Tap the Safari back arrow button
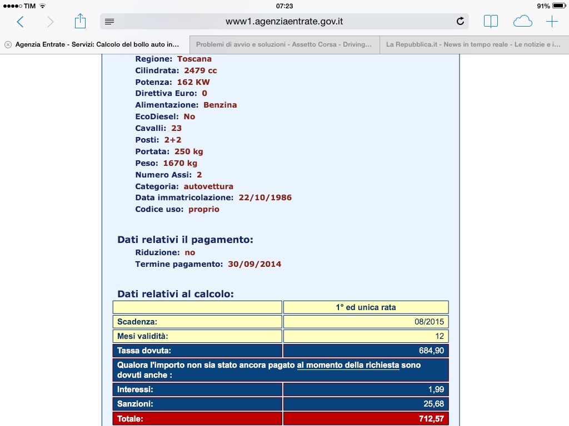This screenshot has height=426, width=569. tap(21, 22)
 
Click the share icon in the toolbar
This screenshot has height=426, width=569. tap(81, 22)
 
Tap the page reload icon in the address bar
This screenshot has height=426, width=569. tap(460, 22)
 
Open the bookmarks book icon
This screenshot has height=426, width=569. tap(491, 22)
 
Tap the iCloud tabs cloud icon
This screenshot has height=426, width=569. tap(522, 22)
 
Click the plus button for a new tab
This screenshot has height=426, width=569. tap(552, 22)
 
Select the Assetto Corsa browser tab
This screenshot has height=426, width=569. tap(284, 44)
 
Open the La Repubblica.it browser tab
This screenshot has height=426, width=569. tap(473, 44)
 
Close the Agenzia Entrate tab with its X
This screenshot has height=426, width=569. tap(8, 44)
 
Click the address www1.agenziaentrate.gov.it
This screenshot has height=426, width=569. tap(284, 22)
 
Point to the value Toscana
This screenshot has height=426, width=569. tap(194, 59)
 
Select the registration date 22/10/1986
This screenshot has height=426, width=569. tap(265, 197)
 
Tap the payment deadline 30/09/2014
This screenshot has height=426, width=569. tap(254, 264)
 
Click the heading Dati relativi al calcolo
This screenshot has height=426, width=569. tap(176, 294)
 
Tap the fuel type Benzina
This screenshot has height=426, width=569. tap(220, 105)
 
